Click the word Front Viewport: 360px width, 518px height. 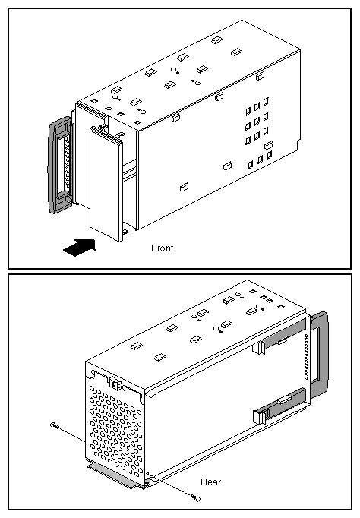click(x=161, y=248)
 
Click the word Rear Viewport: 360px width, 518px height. click(x=211, y=482)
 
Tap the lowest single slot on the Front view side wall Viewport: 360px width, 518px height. click(x=182, y=186)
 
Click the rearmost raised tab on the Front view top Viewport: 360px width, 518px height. click(x=216, y=39)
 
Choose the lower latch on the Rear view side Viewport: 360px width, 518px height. click(x=258, y=415)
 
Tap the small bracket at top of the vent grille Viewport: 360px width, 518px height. click(x=115, y=383)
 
